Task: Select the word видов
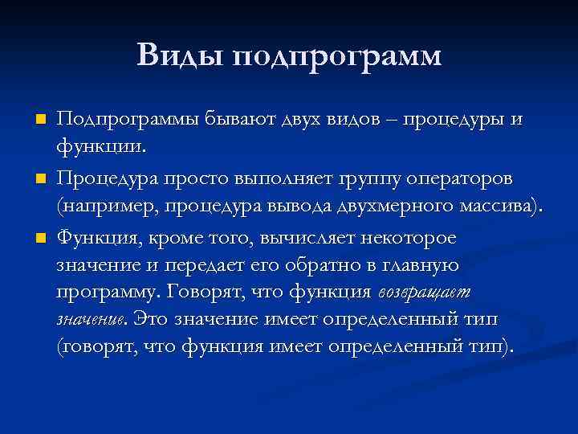[x=361, y=119]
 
